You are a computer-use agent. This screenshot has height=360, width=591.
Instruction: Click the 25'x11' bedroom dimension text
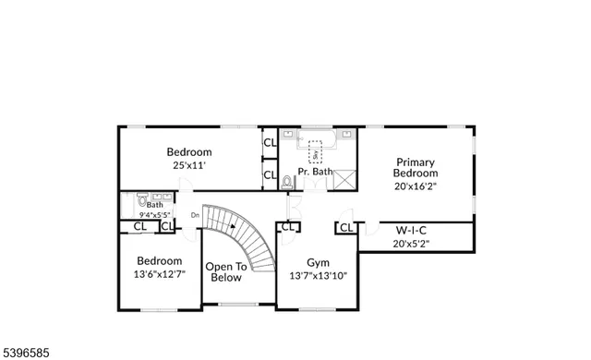[188, 166]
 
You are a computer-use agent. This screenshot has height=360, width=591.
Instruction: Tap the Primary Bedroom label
[416, 166]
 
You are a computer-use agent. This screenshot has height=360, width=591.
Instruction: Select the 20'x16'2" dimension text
[416, 186]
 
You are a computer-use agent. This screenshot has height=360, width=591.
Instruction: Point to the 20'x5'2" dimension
[411, 245]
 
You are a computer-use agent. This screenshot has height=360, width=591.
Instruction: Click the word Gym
[319, 261]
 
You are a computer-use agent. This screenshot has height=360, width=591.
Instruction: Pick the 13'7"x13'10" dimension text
[319, 275]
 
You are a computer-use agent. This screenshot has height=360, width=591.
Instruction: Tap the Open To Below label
[226, 271]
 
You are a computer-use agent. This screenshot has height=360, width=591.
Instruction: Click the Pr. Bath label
[315, 172]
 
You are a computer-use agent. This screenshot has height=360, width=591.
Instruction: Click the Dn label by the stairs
[195, 216]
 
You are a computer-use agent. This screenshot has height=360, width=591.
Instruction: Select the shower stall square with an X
[344, 179]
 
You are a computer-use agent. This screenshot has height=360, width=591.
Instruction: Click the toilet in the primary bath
[287, 181]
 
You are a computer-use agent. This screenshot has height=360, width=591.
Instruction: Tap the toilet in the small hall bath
[141, 198]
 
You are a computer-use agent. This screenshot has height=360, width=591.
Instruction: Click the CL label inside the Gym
[288, 227]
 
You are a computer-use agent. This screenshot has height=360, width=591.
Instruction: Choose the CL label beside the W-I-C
[346, 227]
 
